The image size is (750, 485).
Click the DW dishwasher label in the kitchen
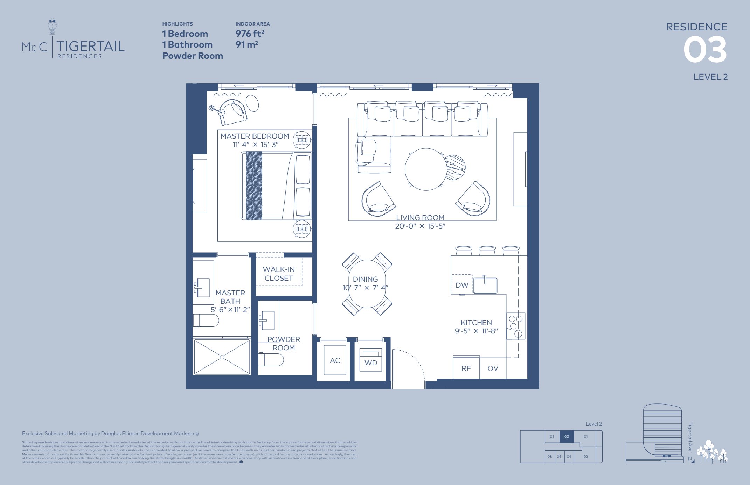point(462,285)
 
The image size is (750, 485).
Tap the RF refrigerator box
point(466,368)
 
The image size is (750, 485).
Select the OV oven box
point(493,368)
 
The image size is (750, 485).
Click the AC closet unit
point(335,360)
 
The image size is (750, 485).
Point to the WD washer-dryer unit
point(371,363)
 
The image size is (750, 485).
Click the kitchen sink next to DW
point(485,285)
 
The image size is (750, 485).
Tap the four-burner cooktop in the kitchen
point(516,326)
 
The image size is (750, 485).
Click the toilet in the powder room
point(271,360)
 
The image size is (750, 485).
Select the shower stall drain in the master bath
point(222,357)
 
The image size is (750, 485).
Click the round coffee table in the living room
point(426,169)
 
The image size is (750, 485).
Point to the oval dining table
point(367,284)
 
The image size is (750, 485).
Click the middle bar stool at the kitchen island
point(487,251)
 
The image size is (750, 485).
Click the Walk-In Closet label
point(279,274)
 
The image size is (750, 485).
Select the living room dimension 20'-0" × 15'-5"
point(420,226)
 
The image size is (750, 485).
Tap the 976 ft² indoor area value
point(250,34)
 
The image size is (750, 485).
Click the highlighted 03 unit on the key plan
point(567,436)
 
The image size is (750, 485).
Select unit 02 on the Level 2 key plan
point(585,456)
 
